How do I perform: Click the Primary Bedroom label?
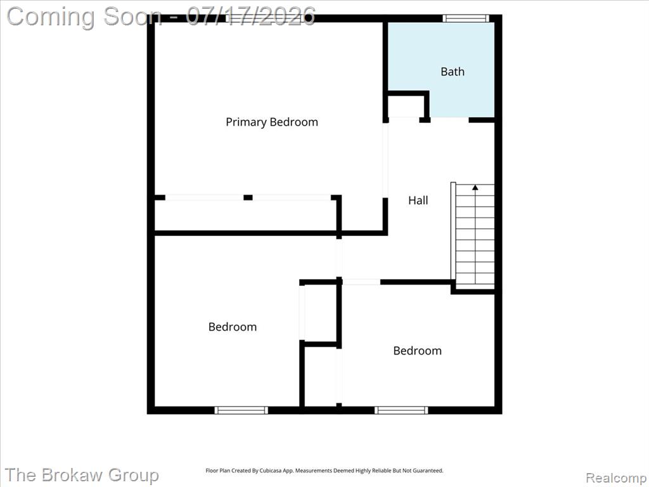point(272,122)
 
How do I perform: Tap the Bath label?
point(453,72)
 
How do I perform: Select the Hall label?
point(418,200)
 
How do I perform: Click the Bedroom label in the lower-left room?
point(233,327)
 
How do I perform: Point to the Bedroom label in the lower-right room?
point(417,351)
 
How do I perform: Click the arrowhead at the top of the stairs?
point(475,188)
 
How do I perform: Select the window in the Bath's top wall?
point(466,18)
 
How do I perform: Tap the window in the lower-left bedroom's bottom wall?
point(241,410)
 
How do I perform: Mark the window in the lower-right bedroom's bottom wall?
point(401,410)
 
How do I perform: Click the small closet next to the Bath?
point(406,107)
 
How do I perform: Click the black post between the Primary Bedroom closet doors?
point(248,198)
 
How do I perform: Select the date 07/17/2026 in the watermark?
point(250,16)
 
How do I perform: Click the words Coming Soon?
point(84,16)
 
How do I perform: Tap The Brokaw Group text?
point(82,475)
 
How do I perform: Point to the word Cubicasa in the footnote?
point(268,471)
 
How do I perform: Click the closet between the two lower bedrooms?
point(321,313)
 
